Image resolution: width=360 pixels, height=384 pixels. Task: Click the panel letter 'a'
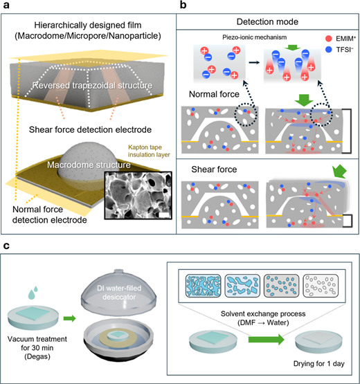(6, 5)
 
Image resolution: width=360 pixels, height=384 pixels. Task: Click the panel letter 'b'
(183, 4)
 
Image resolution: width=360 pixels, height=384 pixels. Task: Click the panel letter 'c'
(6, 246)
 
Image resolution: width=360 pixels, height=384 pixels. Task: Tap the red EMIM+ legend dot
(328, 39)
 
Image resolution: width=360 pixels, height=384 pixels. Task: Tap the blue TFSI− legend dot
(328, 49)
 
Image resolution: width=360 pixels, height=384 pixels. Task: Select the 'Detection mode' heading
(267, 22)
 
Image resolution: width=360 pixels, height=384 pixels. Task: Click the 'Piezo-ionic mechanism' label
(254, 37)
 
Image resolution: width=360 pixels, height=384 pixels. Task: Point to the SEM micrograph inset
(138, 195)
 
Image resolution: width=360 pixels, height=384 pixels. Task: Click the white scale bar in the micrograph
(164, 214)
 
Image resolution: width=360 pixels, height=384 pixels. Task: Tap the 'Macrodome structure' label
(89, 165)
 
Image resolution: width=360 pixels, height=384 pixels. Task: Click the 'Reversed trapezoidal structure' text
(92, 86)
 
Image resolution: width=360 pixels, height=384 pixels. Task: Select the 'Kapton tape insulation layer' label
(149, 151)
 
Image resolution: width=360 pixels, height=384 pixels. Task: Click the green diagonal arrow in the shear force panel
(339, 172)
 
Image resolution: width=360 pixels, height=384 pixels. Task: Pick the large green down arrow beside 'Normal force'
(304, 99)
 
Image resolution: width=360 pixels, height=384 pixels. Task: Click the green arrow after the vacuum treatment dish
(70, 318)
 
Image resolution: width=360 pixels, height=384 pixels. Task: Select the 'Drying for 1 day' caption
(319, 363)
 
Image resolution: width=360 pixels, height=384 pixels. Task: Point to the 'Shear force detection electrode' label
(90, 129)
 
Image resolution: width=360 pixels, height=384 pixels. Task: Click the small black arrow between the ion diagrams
(254, 63)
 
